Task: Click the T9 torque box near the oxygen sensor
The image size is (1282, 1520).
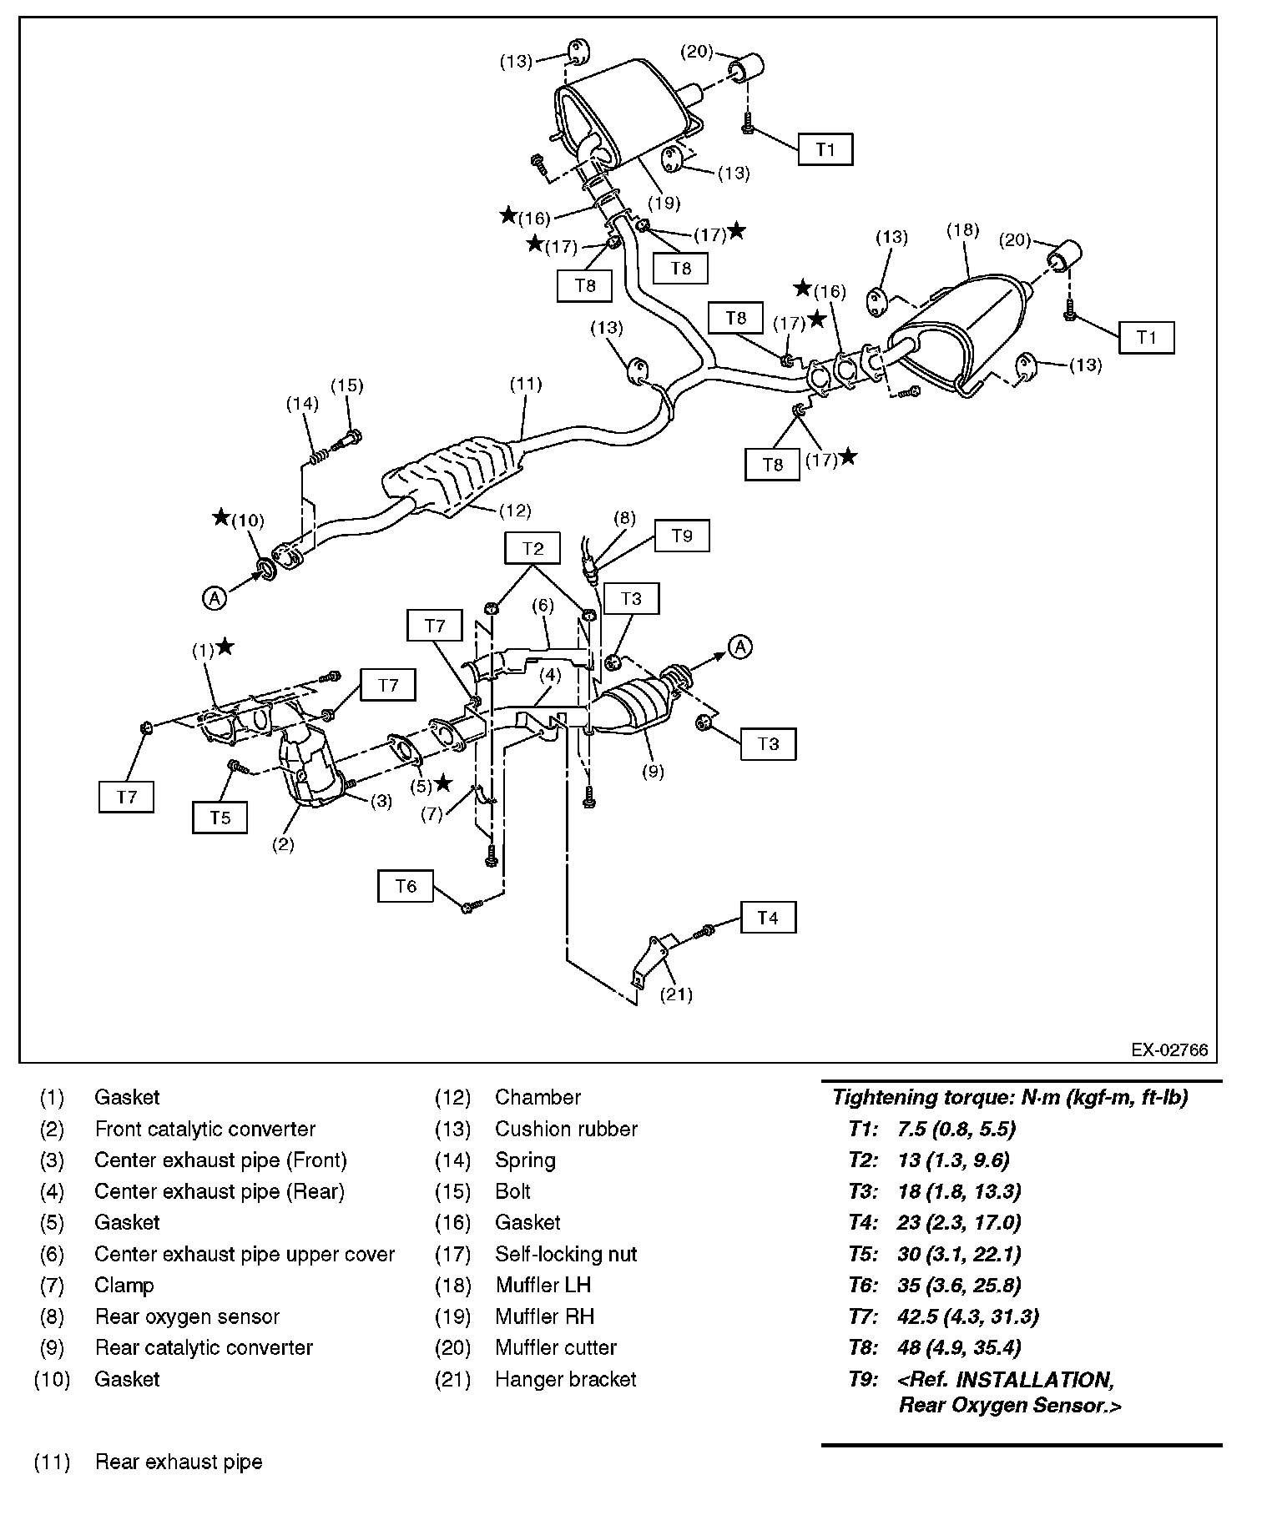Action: pos(682,536)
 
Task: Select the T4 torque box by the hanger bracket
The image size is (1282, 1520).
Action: pos(767,919)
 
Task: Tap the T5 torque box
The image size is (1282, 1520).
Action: pos(220,818)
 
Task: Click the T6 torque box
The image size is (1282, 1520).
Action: pos(406,886)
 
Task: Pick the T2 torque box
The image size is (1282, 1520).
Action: pos(532,548)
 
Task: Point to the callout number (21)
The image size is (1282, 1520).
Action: pos(676,994)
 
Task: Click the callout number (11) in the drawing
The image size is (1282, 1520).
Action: pos(526,384)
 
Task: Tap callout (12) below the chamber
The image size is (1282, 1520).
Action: pos(514,510)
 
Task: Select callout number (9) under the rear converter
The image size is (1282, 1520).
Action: pos(653,772)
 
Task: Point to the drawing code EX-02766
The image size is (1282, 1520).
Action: pos(1169,1049)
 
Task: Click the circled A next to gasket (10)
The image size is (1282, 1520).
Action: pos(215,597)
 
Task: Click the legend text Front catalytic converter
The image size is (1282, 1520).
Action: pos(205,1129)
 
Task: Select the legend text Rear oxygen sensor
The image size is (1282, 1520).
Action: pos(187,1316)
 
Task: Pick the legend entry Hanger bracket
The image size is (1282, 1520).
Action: pos(565,1379)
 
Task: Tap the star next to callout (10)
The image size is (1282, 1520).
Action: pos(221,517)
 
